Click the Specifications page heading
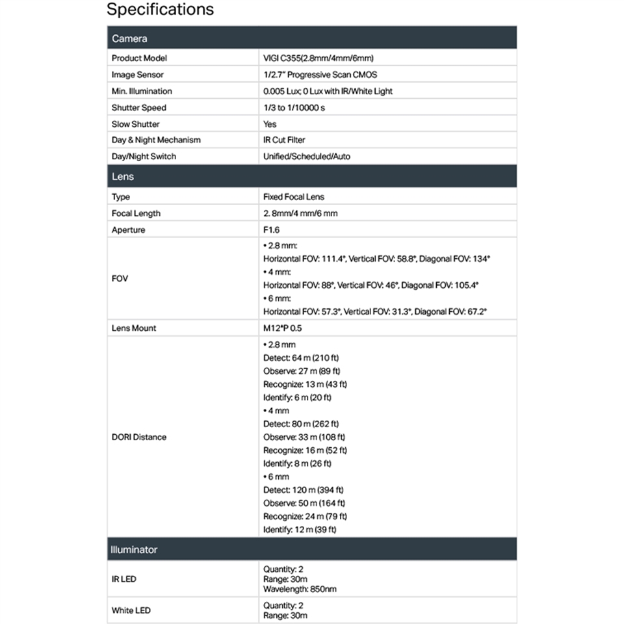pyautogui.click(x=160, y=10)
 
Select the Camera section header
pyautogui.click(x=129, y=38)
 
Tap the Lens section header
pyautogui.click(x=123, y=177)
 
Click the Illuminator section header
pyautogui.click(x=135, y=550)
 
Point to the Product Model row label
pyautogui.click(x=139, y=58)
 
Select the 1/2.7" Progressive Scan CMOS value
pyautogui.click(x=320, y=75)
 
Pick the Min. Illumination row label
pyautogui.click(x=142, y=91)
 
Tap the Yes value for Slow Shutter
pyautogui.click(x=270, y=124)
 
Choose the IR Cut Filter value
pyautogui.click(x=284, y=140)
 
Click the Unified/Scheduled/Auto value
pyautogui.click(x=307, y=157)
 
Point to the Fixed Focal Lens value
pyautogui.click(x=294, y=197)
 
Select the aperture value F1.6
pyautogui.click(x=270, y=230)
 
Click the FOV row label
pyautogui.click(x=120, y=278)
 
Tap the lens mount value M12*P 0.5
pyautogui.click(x=283, y=328)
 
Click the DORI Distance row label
pyautogui.click(x=139, y=437)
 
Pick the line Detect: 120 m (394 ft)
pyautogui.click(x=304, y=490)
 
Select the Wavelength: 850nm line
pyautogui.click(x=300, y=590)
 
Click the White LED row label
pyautogui.click(x=131, y=610)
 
